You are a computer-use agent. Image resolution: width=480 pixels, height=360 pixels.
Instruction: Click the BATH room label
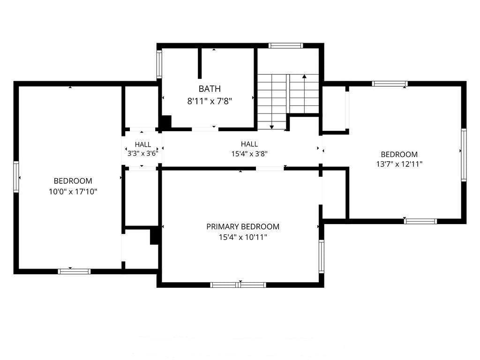[x=210, y=89]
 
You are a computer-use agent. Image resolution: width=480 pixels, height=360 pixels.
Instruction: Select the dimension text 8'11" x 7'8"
[x=210, y=101]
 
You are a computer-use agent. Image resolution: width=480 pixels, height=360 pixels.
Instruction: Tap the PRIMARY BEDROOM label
[x=243, y=226]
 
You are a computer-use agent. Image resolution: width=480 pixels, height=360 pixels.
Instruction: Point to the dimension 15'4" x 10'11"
[x=243, y=237]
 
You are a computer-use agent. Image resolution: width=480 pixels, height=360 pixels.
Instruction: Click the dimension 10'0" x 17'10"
[x=73, y=192]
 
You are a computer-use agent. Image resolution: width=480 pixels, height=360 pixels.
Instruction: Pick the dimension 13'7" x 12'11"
[x=399, y=164]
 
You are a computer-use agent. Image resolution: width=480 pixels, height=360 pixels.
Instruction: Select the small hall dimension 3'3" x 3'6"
[x=142, y=153]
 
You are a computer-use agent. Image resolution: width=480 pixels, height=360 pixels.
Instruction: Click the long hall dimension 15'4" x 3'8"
[x=249, y=154]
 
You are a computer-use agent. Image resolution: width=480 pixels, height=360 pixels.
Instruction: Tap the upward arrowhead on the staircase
[x=304, y=76]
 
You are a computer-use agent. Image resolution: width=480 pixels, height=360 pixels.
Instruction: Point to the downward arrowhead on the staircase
[x=271, y=127]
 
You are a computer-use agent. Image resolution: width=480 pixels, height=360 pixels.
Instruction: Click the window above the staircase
[x=286, y=45]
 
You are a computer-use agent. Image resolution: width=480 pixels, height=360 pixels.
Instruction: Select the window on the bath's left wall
[x=159, y=64]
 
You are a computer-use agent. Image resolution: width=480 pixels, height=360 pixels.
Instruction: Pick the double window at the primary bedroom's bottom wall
[x=238, y=285]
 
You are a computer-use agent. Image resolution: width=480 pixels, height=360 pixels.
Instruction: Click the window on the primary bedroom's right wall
[x=322, y=256]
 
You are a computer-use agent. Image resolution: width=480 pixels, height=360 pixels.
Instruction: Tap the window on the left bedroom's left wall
[x=16, y=177]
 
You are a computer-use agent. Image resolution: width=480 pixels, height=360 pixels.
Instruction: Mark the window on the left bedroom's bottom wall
[x=75, y=271]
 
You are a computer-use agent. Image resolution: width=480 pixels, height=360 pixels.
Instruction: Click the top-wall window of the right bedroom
[x=390, y=83]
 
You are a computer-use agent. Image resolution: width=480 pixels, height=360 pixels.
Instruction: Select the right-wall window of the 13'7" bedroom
[x=464, y=155]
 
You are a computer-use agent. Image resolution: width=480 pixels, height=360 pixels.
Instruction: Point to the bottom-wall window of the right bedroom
[x=420, y=221]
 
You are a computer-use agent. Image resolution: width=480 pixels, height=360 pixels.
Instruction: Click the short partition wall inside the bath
[x=200, y=63]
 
